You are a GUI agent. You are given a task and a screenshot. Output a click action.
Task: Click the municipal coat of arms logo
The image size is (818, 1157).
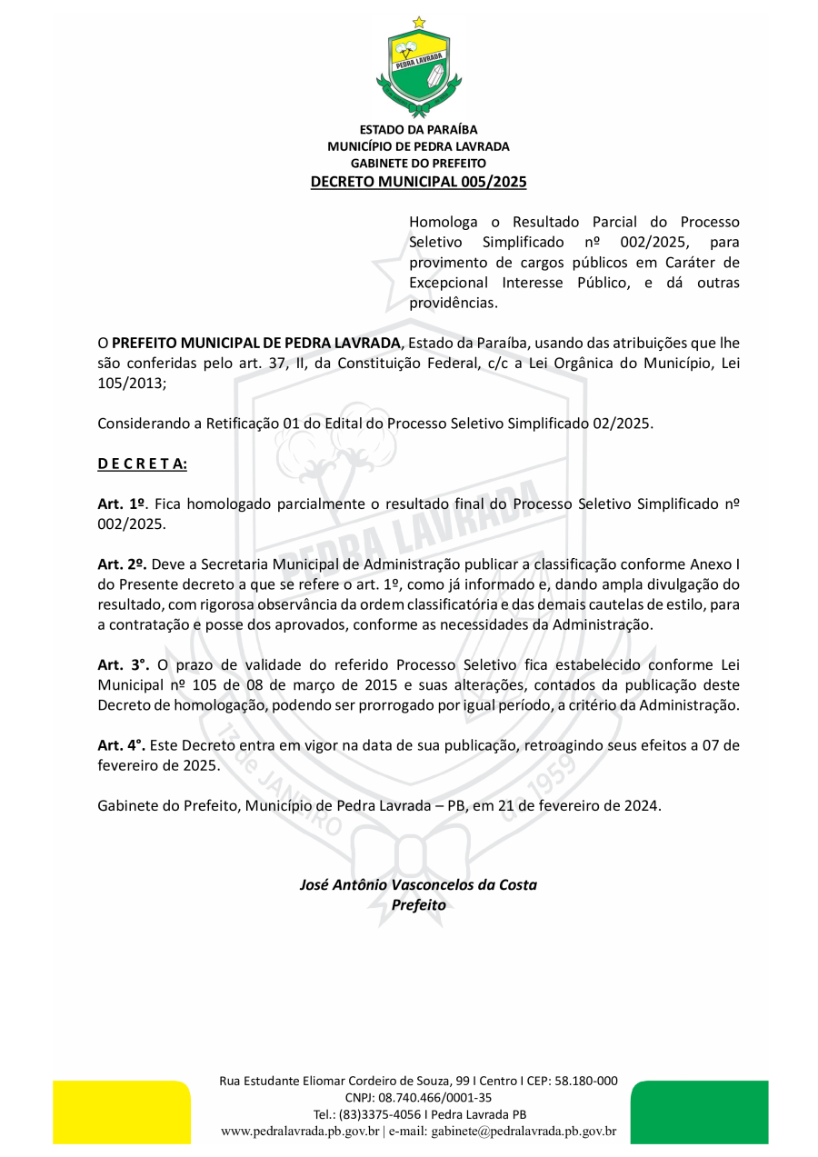[x=418, y=69]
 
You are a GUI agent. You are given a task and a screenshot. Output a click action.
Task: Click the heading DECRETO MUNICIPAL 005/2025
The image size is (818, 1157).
[x=418, y=182]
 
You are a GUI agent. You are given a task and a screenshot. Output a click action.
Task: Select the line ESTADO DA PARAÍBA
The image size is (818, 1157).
[x=418, y=130]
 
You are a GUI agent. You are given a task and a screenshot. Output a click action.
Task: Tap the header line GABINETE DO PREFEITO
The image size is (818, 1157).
[x=418, y=163]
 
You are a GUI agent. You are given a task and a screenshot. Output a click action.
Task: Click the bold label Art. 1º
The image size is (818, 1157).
[x=122, y=504]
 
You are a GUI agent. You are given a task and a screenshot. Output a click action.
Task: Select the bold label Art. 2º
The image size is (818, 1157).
[x=122, y=564]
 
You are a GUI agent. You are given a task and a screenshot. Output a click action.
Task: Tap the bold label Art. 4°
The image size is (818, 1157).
[x=122, y=745]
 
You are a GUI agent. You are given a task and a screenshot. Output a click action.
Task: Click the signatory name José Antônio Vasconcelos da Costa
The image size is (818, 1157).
[x=418, y=884]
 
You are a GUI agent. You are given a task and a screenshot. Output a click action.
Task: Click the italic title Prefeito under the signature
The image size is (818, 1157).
[x=418, y=904]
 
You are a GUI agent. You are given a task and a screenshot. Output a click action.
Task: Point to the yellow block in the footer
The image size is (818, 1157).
[x=122, y=1112]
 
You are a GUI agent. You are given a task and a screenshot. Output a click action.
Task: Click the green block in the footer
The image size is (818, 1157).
[x=699, y=1112]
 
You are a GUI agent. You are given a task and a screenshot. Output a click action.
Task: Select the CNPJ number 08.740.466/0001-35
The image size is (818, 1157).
[x=436, y=1097]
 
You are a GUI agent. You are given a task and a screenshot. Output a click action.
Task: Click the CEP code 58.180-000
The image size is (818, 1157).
[x=586, y=1081]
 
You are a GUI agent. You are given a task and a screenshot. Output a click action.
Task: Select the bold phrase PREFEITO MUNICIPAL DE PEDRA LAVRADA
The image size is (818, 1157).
[x=255, y=343]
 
